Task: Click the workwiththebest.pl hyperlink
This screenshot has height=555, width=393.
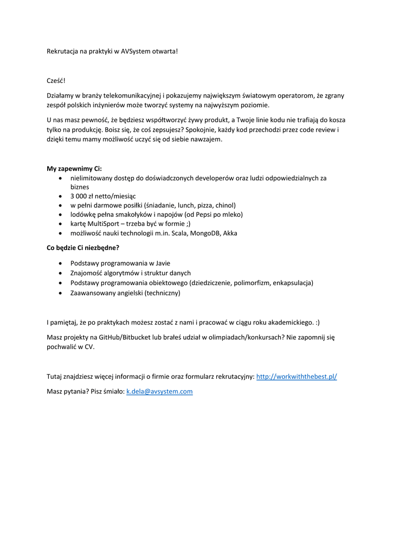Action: pyautogui.click(x=296, y=376)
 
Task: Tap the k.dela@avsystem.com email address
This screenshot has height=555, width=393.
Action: pyautogui.click(x=159, y=391)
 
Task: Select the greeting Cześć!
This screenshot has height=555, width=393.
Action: pyautogui.click(x=56, y=81)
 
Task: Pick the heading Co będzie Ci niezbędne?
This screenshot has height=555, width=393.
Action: pyautogui.click(x=83, y=248)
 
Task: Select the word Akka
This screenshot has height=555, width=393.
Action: pyautogui.click(x=230, y=233)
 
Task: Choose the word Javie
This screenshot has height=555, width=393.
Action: pyautogui.click(x=160, y=263)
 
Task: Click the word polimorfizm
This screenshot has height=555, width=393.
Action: pyautogui.click(x=251, y=282)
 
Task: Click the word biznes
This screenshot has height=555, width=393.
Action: pyautogui.click(x=80, y=186)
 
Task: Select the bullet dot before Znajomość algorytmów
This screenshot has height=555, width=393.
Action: pyautogui.click(x=60, y=273)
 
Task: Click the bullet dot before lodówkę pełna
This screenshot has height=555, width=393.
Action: pyautogui.click(x=60, y=215)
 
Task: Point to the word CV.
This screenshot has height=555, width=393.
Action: pyautogui.click(x=89, y=347)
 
